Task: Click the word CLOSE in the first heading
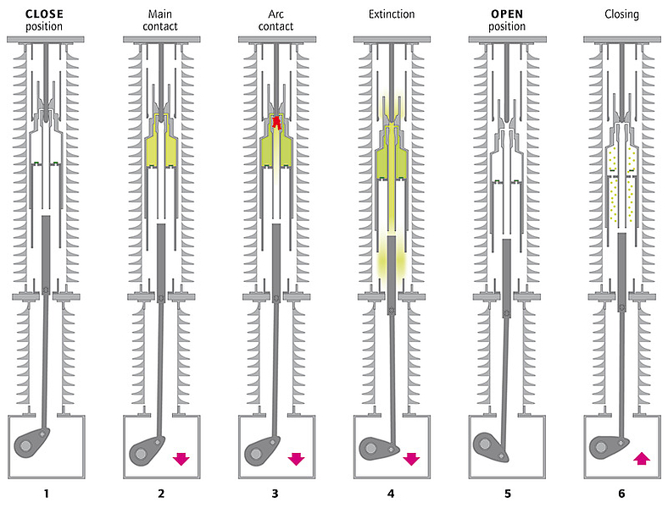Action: [44, 14]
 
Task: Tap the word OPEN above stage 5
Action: [507, 14]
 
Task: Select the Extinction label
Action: [392, 14]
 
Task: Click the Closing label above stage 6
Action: [621, 15]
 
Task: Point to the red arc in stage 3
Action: [277, 123]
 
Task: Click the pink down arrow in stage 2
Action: [181, 459]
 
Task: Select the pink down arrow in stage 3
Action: [296, 459]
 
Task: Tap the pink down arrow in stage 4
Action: [411, 459]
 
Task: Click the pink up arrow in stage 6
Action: [642, 459]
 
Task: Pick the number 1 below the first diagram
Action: [46, 494]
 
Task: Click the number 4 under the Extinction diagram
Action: [391, 494]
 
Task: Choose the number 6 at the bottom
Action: [621, 494]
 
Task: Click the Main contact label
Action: [160, 20]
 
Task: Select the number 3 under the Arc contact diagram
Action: [276, 494]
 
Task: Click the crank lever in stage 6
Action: [608, 446]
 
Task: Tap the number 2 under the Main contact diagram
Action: [161, 494]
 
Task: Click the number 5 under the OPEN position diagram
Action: [508, 494]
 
